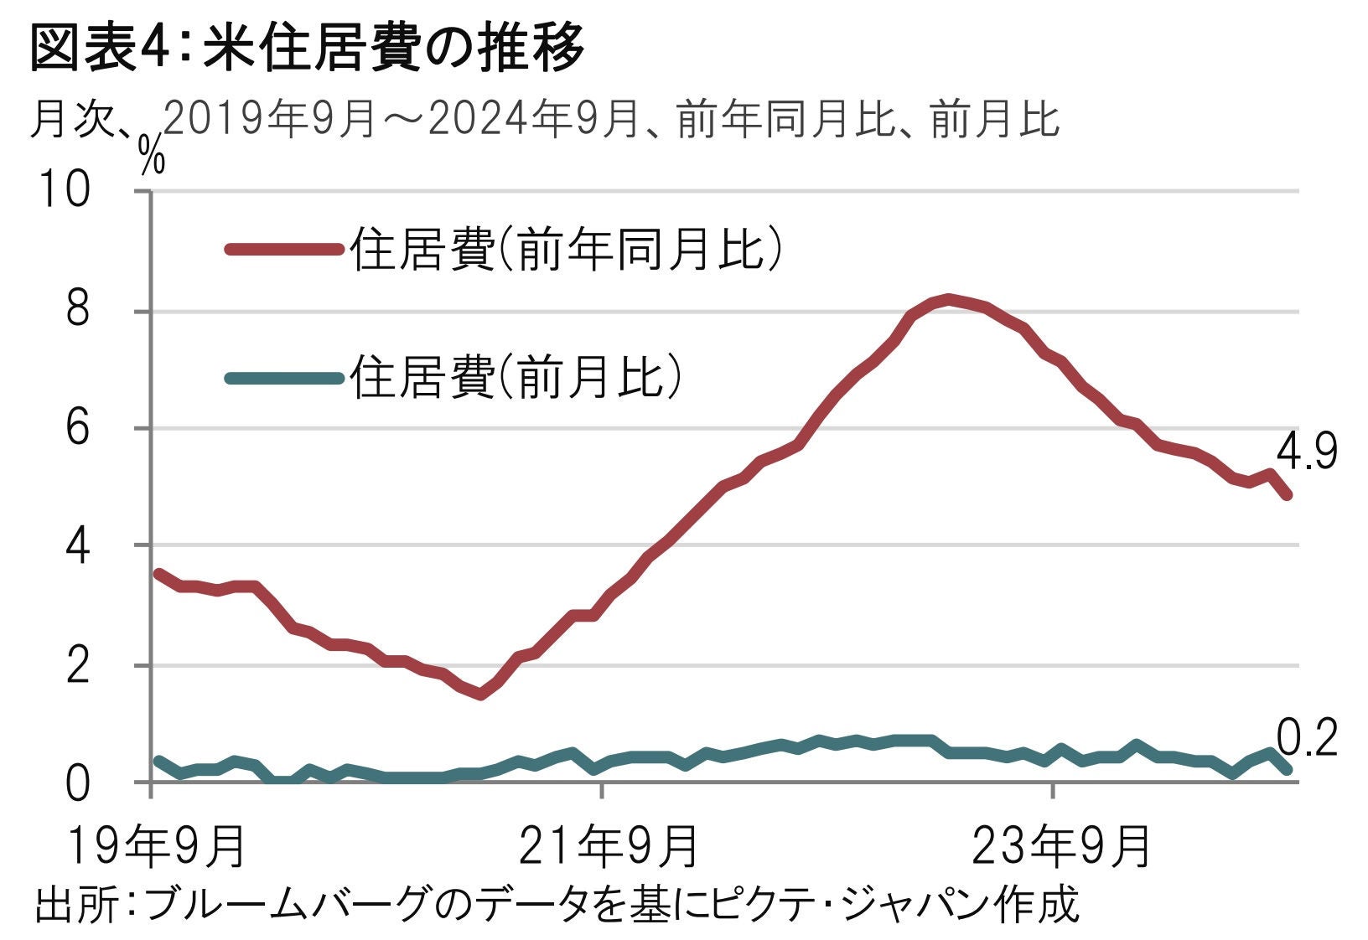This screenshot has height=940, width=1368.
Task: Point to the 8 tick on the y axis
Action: point(78,312)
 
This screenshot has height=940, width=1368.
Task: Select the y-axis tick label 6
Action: point(78,429)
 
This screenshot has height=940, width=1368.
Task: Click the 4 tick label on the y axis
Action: point(78,546)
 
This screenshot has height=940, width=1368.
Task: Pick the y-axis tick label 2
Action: point(78,666)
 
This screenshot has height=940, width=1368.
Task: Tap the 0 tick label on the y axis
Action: point(78,783)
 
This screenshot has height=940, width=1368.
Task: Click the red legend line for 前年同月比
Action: point(285,248)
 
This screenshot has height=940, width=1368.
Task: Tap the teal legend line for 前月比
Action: point(285,378)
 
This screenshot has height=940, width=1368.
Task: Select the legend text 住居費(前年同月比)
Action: point(567,249)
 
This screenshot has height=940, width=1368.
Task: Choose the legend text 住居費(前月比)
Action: point(516,378)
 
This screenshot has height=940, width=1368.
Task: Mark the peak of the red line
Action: point(947,298)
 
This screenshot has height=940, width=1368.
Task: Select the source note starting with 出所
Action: point(557,905)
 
